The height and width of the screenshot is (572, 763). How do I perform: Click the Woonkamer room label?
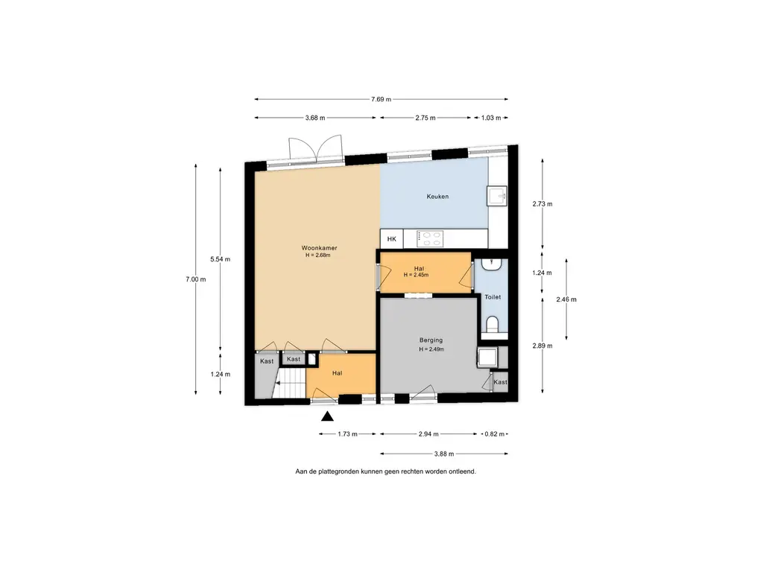[x=319, y=247]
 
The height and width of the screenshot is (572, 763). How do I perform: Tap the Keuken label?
[x=437, y=197]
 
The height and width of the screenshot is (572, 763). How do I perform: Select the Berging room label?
[x=431, y=340]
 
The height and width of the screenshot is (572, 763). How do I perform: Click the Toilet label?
[x=493, y=297]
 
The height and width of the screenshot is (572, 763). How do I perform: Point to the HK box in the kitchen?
[x=392, y=239]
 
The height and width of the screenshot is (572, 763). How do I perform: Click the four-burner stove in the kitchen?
[x=430, y=239]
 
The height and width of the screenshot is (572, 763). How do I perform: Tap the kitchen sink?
[x=497, y=196]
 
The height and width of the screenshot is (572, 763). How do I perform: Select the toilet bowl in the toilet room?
[x=493, y=325]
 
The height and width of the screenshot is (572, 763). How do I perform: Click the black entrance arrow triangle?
[x=328, y=416]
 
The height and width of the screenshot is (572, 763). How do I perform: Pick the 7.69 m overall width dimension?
[x=381, y=99]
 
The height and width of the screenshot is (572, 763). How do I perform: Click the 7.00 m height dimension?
[x=196, y=279]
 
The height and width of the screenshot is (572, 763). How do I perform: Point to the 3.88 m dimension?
[x=444, y=454]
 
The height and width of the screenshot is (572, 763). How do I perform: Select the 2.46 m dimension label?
[x=566, y=299]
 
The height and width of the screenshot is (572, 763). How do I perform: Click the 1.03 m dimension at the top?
[x=491, y=118]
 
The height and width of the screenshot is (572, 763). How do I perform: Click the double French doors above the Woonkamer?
[x=316, y=148]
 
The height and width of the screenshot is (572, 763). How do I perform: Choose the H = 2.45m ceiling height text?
[x=416, y=276]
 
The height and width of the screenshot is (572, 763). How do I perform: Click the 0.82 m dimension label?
[x=495, y=434]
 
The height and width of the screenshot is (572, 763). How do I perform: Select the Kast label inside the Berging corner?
[x=500, y=382]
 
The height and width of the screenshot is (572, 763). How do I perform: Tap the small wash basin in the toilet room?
[x=492, y=264]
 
